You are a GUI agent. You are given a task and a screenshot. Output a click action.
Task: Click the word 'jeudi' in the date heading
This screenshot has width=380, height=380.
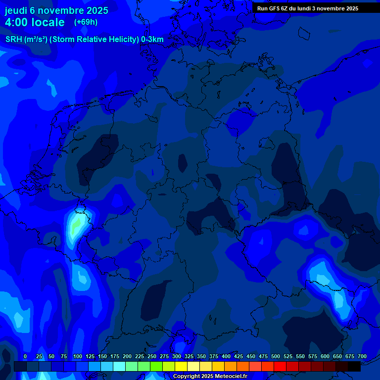coord(16,10)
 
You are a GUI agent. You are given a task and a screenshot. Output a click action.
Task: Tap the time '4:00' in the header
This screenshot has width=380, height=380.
coord(18,22)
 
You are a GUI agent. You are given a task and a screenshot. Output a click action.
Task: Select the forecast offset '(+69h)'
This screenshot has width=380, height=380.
coord(86,22)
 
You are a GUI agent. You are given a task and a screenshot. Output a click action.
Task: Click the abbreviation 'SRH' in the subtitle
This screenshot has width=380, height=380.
coord(14,40)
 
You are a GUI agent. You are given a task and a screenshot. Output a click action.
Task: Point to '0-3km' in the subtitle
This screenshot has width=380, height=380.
coord(152,40)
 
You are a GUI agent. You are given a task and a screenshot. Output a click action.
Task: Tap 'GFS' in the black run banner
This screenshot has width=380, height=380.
coord(281,8)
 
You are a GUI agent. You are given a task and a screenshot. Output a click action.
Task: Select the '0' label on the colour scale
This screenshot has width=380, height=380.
coord(25,356)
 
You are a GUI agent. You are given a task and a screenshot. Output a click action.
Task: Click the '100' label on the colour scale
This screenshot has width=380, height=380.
coord(78,356)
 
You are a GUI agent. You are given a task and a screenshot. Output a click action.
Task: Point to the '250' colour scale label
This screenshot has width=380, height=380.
coord(152,356)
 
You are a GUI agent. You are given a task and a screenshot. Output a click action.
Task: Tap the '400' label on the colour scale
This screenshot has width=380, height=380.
coord(226,356)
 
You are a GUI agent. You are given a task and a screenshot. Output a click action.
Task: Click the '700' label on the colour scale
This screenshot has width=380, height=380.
coord(362,356)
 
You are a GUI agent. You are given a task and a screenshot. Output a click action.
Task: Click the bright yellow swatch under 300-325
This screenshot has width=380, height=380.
coord(181,366)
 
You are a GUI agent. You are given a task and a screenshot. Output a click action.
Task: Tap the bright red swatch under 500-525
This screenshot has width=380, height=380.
coord(280,366)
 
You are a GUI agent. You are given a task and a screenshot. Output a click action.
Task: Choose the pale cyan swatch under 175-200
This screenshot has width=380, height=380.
coord(119,366)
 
